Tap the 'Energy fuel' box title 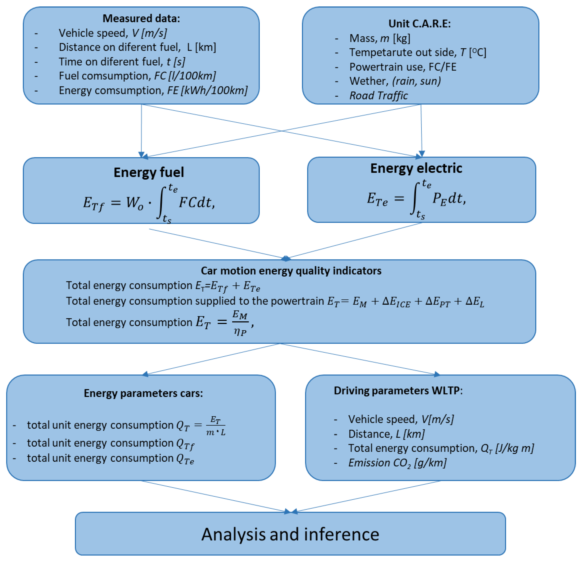point(149,172)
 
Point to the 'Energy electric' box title point(416,168)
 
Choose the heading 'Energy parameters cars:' point(143,393)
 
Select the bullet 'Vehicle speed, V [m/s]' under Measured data point(113,33)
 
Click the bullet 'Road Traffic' point(378,96)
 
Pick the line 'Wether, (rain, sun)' point(395,81)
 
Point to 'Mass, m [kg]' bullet point(380,38)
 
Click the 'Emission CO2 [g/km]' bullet point(397,463)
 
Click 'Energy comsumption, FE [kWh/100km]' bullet point(153,90)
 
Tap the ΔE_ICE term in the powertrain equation point(396,302)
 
